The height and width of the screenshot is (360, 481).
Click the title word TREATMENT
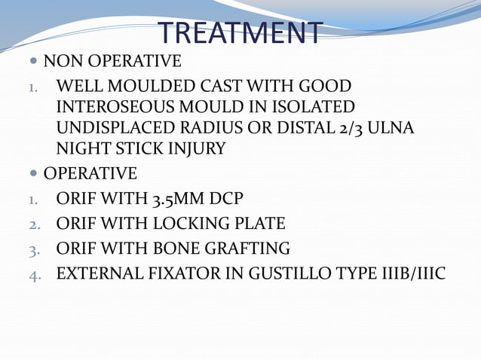point(240,32)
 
